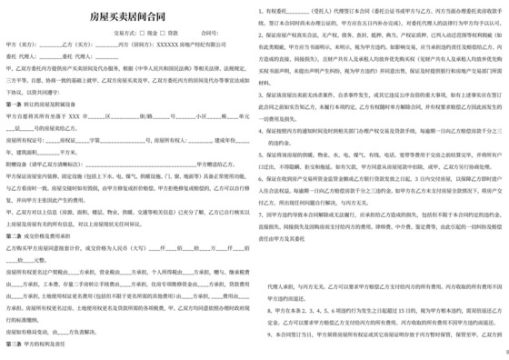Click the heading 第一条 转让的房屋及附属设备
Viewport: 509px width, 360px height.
click(45, 105)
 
